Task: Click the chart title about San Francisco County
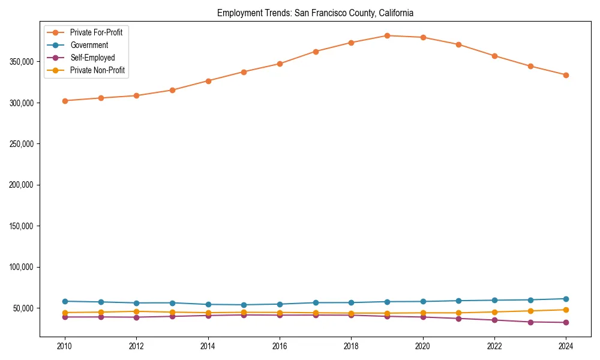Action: click(315, 13)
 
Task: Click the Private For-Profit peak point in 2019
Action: click(387, 35)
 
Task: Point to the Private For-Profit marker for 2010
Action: click(65, 101)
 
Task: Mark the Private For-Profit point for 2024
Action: click(566, 75)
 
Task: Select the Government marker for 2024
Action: click(566, 299)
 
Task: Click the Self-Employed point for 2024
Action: click(566, 322)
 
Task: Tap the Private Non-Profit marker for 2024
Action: click(566, 310)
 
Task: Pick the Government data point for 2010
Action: click(65, 301)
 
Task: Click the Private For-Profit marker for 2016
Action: click(280, 64)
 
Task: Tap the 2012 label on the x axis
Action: click(136, 346)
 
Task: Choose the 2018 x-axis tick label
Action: click(351, 346)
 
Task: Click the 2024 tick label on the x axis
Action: click(566, 346)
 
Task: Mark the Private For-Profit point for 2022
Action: click(494, 56)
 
